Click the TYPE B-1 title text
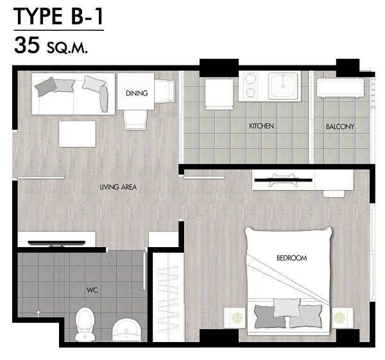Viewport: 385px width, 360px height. (x=58, y=16)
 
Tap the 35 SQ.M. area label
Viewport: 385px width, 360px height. (x=51, y=46)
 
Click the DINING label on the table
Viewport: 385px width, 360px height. (x=137, y=93)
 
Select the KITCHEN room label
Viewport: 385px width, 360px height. (x=261, y=126)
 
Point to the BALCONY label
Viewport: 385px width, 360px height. (x=340, y=126)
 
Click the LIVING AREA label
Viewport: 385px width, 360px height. (x=118, y=187)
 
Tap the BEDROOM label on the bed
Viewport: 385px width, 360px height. (x=292, y=258)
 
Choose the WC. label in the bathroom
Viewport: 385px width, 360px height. (x=92, y=290)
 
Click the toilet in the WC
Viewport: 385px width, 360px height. (x=85, y=324)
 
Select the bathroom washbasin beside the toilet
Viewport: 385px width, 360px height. (x=126, y=330)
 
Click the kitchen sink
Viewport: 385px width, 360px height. (x=283, y=85)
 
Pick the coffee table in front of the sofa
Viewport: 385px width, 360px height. (x=77, y=134)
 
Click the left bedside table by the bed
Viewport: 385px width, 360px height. (x=235, y=317)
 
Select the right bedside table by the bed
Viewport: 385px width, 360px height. (x=343, y=317)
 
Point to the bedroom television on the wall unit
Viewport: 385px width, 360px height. (x=283, y=180)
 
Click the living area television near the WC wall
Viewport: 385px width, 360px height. (x=56, y=243)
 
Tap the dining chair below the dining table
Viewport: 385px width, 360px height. (x=135, y=119)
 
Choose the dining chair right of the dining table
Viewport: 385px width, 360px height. (x=164, y=91)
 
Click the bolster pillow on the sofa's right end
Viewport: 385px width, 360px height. (x=104, y=99)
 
